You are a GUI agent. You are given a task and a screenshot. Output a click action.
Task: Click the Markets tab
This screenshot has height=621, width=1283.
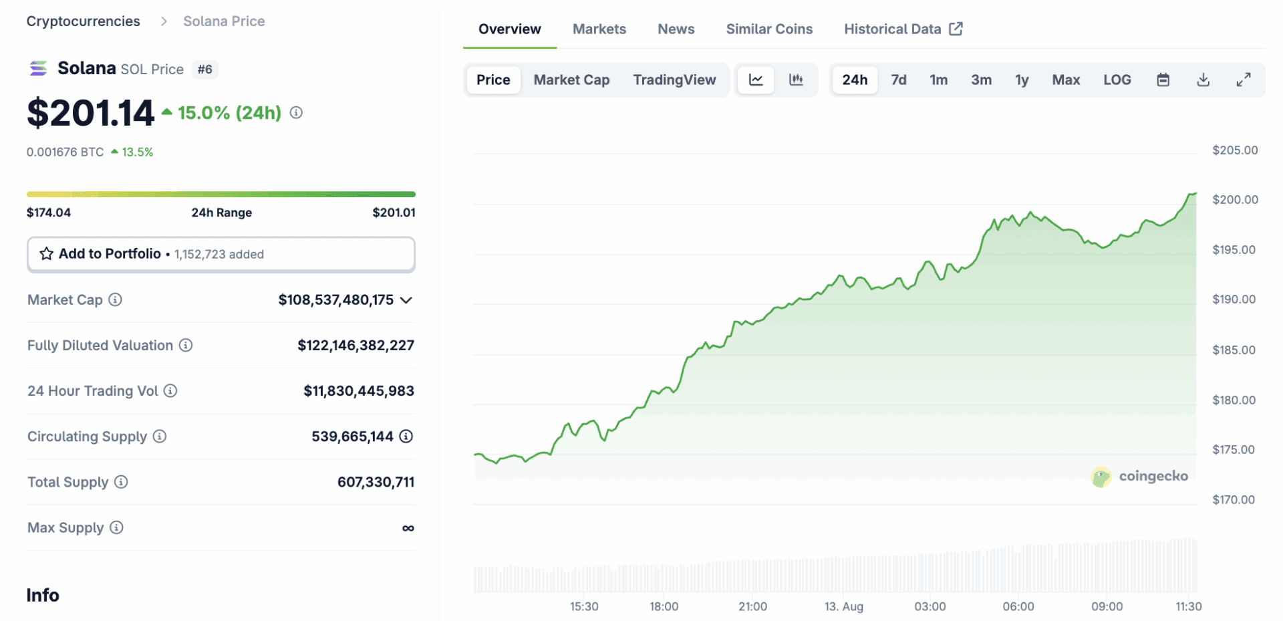click(x=599, y=29)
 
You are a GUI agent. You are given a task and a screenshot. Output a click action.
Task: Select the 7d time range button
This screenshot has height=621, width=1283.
click(x=898, y=80)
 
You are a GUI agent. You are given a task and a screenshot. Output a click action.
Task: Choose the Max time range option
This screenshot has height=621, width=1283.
click(x=1065, y=80)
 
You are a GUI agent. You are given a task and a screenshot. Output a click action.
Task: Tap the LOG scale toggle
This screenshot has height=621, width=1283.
click(x=1117, y=80)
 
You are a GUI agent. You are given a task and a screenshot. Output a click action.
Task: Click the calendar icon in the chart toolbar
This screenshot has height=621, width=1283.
click(x=1163, y=80)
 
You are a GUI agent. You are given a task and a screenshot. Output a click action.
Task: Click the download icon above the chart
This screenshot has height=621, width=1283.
click(x=1203, y=80)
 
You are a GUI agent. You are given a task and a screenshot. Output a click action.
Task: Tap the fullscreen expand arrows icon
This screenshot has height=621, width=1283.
click(x=1243, y=80)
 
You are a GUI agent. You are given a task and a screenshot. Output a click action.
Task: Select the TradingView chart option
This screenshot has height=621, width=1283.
click(x=674, y=80)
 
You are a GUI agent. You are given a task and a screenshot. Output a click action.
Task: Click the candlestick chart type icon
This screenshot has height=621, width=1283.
click(x=796, y=80)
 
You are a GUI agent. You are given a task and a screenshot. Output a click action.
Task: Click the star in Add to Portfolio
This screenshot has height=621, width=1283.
click(x=46, y=254)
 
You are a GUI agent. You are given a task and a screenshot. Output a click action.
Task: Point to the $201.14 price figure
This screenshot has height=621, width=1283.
click(x=90, y=113)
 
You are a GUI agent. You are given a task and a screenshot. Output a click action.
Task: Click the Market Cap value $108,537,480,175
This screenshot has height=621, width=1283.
click(x=335, y=300)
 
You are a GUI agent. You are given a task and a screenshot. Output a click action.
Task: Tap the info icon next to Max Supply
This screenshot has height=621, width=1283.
click(x=116, y=528)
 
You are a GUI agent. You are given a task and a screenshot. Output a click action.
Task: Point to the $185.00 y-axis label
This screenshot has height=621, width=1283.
click(x=1234, y=350)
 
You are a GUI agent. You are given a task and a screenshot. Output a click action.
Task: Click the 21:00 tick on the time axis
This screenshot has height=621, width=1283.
click(x=752, y=606)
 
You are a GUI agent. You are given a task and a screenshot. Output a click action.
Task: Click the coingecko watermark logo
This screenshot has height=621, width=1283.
click(x=1101, y=477)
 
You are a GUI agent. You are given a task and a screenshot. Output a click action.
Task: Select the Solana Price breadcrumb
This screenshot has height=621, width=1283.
click(x=224, y=21)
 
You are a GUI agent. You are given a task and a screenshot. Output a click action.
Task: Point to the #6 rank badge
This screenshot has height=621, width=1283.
click(x=204, y=70)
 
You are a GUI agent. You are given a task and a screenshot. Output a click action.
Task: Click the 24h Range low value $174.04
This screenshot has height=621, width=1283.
click(x=49, y=213)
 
